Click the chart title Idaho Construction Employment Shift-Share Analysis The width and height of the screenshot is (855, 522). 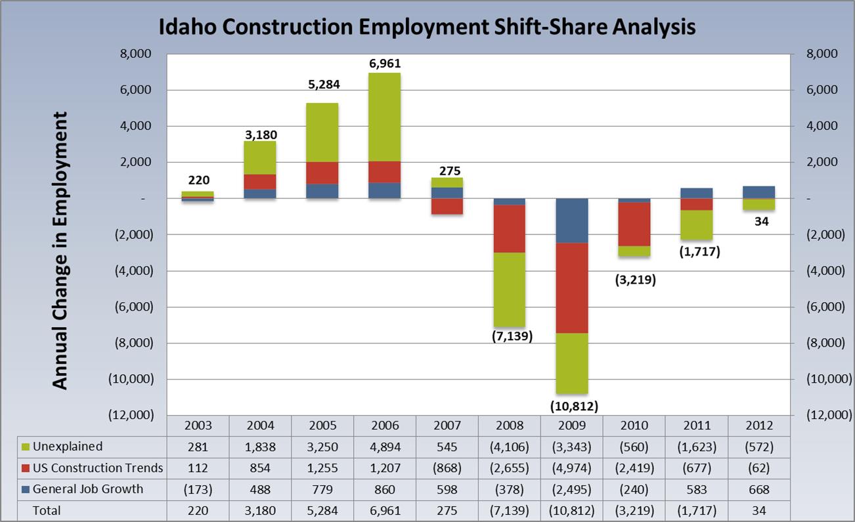pyautogui.click(x=427, y=27)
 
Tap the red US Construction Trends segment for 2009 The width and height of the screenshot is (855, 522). pyautogui.click(x=572, y=288)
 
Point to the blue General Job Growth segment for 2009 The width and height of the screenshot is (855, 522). pyautogui.click(x=572, y=221)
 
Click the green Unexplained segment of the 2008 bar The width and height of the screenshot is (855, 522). pyautogui.click(x=510, y=289)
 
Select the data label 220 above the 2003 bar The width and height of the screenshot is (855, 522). pyautogui.click(x=197, y=180)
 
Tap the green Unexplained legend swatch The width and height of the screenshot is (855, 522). pyautogui.click(x=26, y=446)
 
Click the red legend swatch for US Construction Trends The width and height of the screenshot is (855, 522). pyautogui.click(x=26, y=468)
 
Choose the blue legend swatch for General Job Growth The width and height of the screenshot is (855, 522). pyautogui.click(x=26, y=489)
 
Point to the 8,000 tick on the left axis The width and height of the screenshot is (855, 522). pyautogui.click(x=135, y=54)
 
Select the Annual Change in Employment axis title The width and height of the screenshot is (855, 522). pyautogui.click(x=60, y=250)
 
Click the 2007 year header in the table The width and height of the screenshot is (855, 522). pyautogui.click(x=447, y=425)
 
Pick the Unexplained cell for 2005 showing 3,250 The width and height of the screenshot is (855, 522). pyautogui.click(x=322, y=447)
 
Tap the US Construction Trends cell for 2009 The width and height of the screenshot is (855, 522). pyautogui.click(x=572, y=468)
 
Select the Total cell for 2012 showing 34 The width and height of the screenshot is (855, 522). pyautogui.click(x=760, y=510)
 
